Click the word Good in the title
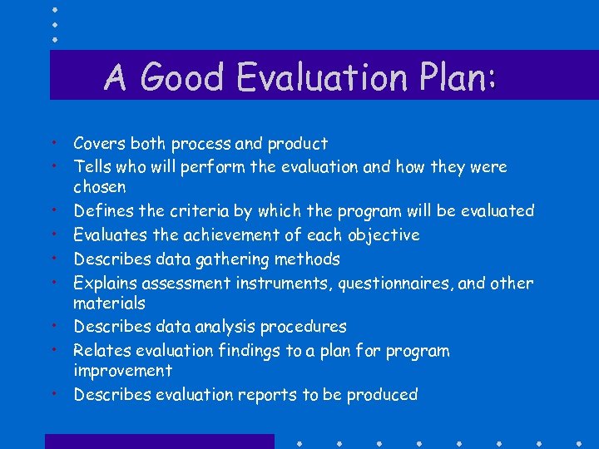(x=184, y=77)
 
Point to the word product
(x=296, y=144)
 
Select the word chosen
(x=100, y=187)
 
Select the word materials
(x=109, y=303)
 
